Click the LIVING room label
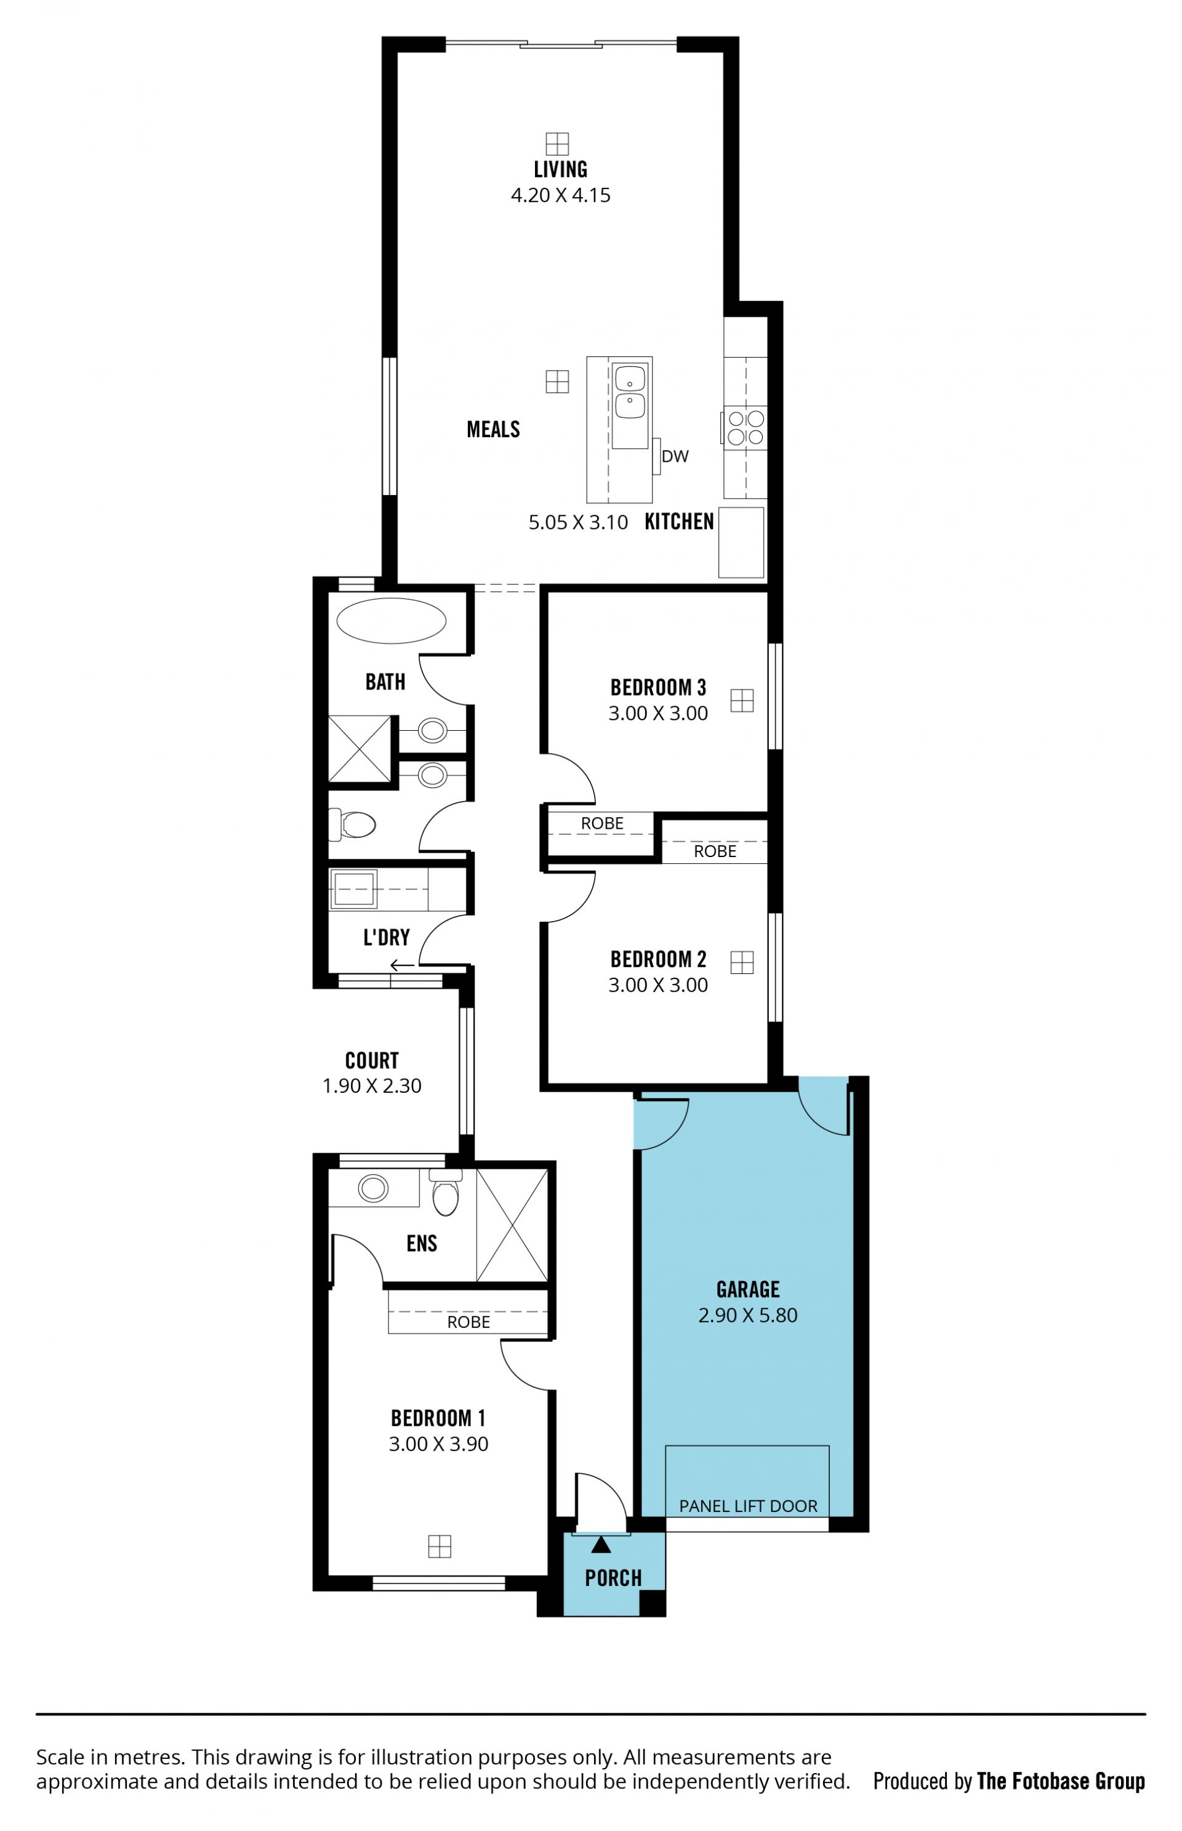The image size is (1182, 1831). [560, 169]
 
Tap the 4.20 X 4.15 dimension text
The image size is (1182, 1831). [560, 195]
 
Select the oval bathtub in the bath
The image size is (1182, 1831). [391, 621]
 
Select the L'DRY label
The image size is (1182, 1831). [386, 937]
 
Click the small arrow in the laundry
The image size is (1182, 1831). [402, 965]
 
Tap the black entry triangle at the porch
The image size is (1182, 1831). [601, 1545]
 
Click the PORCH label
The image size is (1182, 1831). [613, 1578]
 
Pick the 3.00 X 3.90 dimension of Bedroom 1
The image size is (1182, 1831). [438, 1444]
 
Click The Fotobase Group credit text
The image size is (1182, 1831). [1061, 1781]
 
